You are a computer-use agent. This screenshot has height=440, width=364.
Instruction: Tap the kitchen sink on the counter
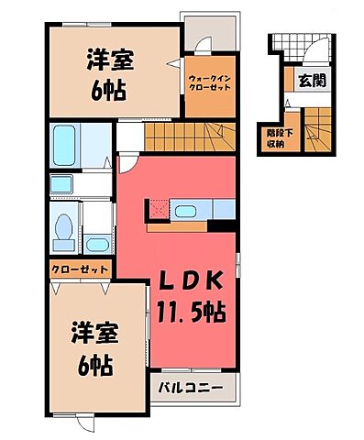(184, 213)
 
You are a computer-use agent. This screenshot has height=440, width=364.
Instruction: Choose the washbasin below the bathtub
(97, 244)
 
